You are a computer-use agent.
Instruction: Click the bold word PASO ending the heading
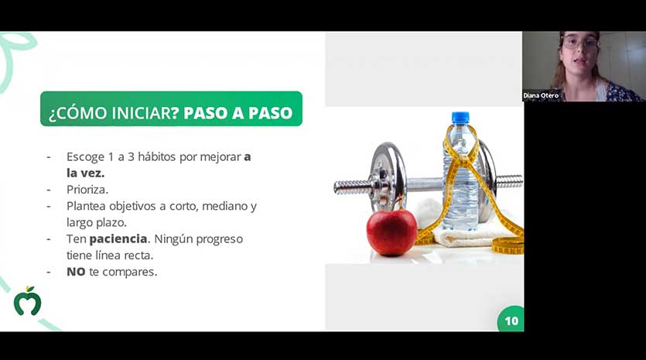coord(271,113)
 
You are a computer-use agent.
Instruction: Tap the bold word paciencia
coord(118,239)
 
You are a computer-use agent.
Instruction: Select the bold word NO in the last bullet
coord(76,272)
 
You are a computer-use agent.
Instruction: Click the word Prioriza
coord(87,190)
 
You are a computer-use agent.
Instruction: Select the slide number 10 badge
coord(511,319)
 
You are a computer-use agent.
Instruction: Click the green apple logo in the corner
coord(27,301)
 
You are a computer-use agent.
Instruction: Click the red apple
coord(391,231)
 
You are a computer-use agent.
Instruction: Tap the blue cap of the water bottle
coord(460,118)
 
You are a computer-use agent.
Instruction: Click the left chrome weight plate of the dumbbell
coord(388,177)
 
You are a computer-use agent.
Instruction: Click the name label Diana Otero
coord(541,95)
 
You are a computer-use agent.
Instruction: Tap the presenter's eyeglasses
coord(579,42)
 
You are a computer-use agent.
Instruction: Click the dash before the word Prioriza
coord(49,190)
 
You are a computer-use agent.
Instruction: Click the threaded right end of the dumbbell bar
coord(509,181)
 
